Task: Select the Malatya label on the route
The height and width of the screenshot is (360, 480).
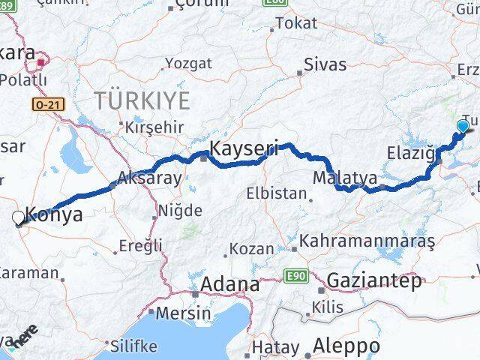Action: [344, 178]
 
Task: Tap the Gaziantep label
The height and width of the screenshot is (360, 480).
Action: [372, 280]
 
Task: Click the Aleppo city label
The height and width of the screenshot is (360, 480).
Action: [347, 346]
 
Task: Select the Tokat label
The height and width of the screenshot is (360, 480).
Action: [295, 23]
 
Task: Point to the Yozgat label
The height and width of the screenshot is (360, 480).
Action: [184, 62]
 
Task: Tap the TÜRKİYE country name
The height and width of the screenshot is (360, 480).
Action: [142, 100]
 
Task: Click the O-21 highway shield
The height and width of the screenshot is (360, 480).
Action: [47, 105]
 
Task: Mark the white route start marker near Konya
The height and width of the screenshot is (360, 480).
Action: [18, 217]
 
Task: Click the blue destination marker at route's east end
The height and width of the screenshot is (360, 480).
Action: [462, 127]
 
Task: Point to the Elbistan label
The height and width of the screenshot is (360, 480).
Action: [276, 193]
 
